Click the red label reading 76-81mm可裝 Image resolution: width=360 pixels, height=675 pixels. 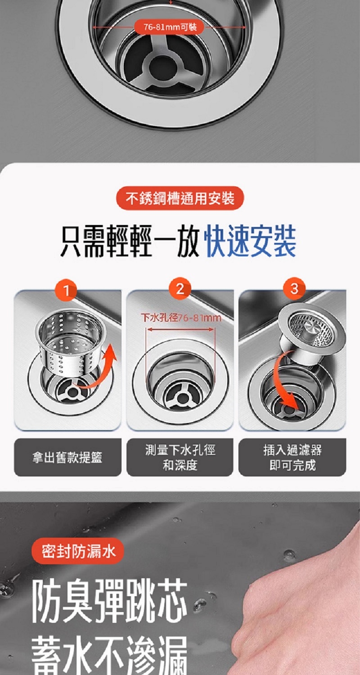[x=170, y=27]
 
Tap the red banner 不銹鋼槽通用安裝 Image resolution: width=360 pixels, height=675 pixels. [x=180, y=198]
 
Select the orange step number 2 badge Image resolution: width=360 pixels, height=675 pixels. [x=180, y=289]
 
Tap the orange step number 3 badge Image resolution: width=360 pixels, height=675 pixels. [x=294, y=288]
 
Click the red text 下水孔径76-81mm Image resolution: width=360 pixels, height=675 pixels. [x=181, y=318]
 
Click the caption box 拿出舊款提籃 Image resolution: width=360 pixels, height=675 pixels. [x=68, y=457]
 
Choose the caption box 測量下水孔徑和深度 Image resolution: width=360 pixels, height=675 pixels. [x=180, y=457]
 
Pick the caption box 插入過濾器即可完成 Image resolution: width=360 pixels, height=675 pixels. [x=292, y=457]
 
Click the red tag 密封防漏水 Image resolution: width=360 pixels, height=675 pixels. [x=78, y=550]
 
